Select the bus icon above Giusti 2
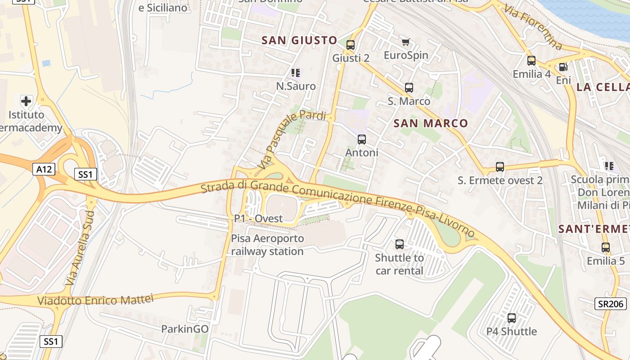351,45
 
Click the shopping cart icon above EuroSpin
405,42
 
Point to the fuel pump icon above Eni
563,67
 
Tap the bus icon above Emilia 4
531,61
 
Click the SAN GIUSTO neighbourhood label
299,40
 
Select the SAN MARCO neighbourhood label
431,123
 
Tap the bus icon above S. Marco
409,88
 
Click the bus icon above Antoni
362,139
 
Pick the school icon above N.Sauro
296,72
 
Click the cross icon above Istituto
27,101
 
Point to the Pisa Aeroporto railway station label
267,245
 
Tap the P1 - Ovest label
258,219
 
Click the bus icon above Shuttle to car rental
399,244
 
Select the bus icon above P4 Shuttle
512,318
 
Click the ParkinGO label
185,329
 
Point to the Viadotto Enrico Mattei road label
95,300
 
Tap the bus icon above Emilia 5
606,247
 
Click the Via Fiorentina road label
533,27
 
